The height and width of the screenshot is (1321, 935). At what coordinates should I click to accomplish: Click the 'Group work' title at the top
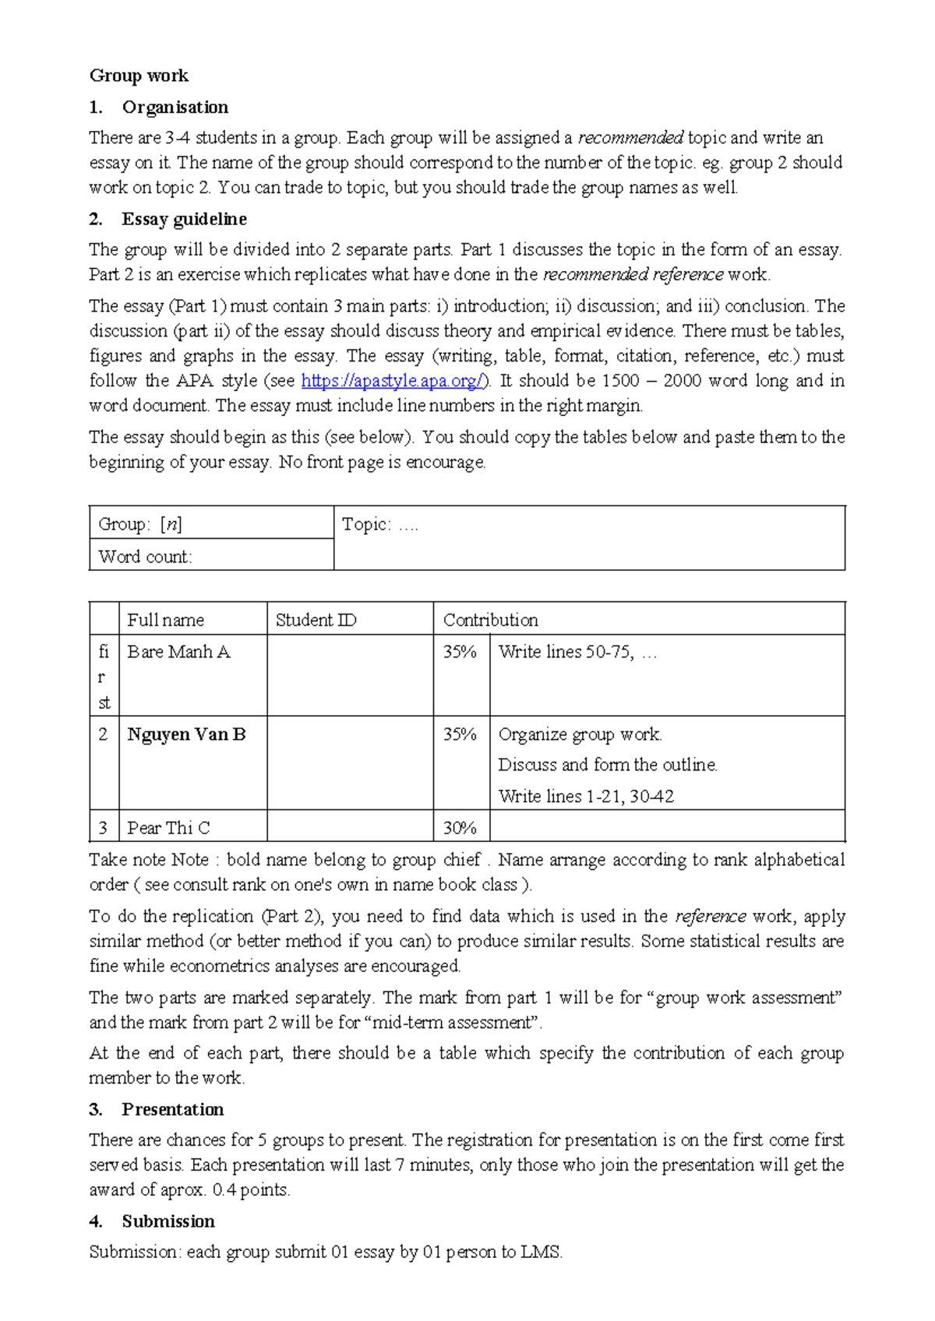pos(139,76)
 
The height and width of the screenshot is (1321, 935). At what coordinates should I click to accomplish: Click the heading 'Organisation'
pos(175,107)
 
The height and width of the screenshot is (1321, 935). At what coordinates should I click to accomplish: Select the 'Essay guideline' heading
pos(184,219)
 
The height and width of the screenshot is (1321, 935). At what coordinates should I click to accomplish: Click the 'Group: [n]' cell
pos(140,524)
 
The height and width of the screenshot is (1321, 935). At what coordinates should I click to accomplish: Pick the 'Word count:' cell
pos(145,557)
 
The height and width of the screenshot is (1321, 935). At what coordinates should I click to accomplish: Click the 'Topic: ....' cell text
pos(380,525)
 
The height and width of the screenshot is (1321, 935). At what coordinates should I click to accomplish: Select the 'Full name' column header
pos(165,620)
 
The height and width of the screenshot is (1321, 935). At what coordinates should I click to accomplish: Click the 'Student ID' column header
pos(316,620)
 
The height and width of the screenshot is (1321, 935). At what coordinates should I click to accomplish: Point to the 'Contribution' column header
pos(490,620)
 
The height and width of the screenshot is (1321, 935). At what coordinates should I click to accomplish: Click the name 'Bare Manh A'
pos(178,652)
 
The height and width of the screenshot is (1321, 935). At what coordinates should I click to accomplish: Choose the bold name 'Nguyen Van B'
pos(186,734)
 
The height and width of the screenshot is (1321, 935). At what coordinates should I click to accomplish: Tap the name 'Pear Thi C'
pos(168,828)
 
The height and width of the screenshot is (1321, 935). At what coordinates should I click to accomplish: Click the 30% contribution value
pos(460,828)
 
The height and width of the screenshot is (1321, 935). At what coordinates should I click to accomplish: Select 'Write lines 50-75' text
pos(565,652)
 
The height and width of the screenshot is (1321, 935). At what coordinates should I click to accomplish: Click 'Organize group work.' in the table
pos(580,734)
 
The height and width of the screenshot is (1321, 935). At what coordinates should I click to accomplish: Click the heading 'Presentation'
pos(172,1109)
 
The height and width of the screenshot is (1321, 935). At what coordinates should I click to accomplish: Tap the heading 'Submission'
pos(168,1221)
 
